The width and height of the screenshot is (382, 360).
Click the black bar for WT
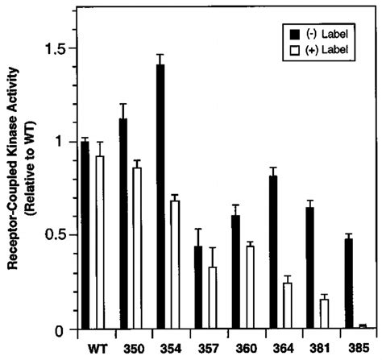click(85, 235)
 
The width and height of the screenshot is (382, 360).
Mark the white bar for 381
click(325, 314)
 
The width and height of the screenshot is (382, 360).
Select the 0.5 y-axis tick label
click(56, 236)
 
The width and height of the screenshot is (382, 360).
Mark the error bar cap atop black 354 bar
click(160, 55)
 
